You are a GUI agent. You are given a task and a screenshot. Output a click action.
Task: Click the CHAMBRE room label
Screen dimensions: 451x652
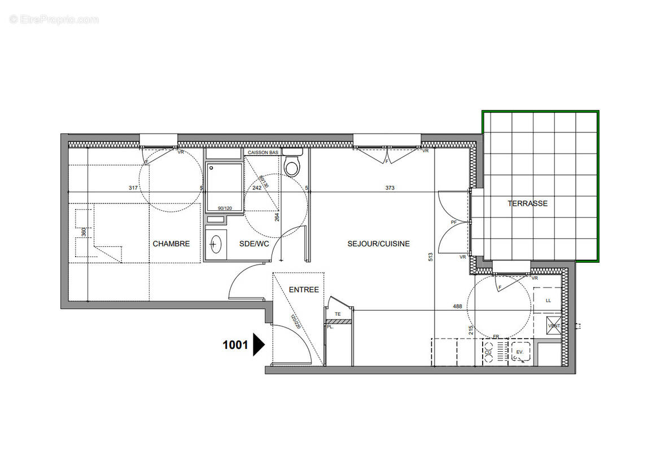tap(171, 244)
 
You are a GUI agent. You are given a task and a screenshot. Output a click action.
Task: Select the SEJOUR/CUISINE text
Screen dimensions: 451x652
tap(378, 244)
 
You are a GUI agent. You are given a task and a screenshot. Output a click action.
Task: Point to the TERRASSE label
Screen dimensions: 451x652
tap(527, 204)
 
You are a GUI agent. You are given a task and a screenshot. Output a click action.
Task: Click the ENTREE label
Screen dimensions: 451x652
tap(304, 290)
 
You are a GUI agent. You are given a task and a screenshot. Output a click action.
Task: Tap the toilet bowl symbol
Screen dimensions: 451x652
tap(292, 167)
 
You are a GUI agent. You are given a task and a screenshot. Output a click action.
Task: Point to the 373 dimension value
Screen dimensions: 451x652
tap(390, 188)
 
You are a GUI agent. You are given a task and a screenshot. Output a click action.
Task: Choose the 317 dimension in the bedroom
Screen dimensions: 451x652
tap(133, 188)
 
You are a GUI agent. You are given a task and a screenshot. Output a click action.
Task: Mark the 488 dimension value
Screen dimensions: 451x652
tap(457, 307)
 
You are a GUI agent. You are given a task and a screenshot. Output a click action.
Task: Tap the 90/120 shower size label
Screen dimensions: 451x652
tap(224, 208)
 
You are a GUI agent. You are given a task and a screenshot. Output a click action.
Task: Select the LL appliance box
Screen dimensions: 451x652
tap(548, 300)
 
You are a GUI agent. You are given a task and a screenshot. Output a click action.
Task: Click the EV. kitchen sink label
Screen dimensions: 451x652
tap(519, 352)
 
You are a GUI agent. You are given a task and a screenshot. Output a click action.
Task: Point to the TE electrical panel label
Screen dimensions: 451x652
tap(338, 314)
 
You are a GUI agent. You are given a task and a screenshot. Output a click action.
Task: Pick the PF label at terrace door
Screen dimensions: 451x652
tap(453, 222)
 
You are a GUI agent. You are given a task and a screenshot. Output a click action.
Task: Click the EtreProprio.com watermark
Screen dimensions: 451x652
tap(54, 20)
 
